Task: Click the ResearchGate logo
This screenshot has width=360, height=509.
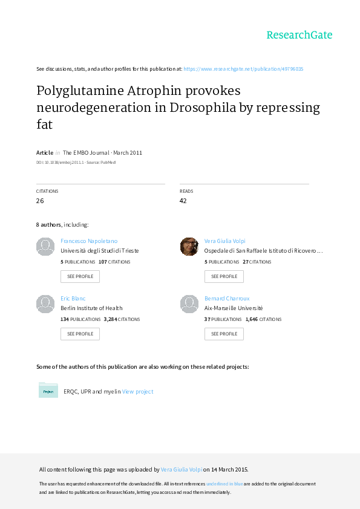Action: tap(299, 34)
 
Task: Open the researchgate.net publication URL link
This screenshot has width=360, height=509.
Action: tap(243, 69)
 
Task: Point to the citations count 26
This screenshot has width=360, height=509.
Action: tap(40, 201)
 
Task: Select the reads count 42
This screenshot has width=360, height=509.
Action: tap(183, 201)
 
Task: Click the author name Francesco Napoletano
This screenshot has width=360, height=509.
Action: tap(89, 241)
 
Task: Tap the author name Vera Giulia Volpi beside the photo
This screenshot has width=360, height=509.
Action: tap(225, 241)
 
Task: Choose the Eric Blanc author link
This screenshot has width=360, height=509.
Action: tap(73, 298)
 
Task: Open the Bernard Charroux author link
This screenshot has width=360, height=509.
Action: tap(227, 298)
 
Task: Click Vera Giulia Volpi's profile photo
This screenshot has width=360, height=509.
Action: tap(189, 247)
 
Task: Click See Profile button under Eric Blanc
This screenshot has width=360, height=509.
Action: tap(80, 334)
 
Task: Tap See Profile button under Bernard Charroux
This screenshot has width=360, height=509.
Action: tap(224, 334)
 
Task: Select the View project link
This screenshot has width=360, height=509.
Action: tap(138, 392)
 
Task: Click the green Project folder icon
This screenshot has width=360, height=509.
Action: tap(48, 390)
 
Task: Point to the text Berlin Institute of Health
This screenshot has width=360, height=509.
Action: tap(91, 308)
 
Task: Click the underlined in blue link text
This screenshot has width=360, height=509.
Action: tap(224, 484)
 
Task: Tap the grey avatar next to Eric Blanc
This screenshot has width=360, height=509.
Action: tap(45, 304)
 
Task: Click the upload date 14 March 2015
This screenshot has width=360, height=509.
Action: tap(230, 469)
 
